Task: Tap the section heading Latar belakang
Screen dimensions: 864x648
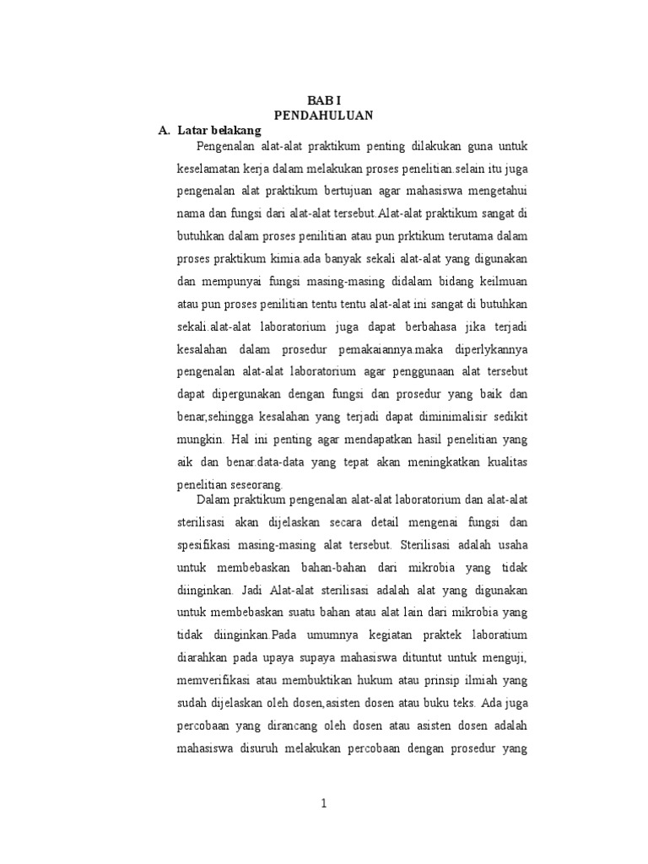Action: point(219,131)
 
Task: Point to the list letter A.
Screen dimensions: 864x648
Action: point(165,131)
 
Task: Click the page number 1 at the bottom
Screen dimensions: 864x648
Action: point(323,803)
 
